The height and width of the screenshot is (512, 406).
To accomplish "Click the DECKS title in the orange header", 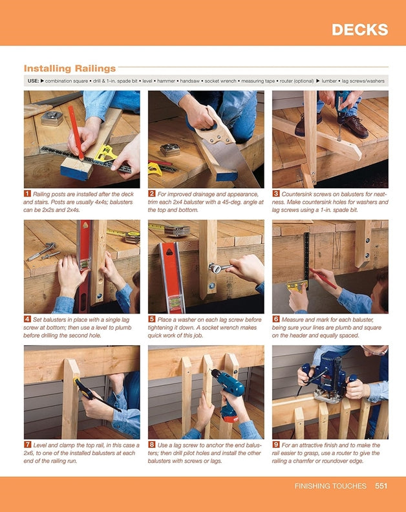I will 359,30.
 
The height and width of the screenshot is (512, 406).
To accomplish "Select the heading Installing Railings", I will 70,68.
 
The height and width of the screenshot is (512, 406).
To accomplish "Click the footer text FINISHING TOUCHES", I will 330,485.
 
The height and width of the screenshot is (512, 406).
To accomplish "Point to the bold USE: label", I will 33,81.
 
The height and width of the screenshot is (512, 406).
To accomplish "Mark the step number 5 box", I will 152,319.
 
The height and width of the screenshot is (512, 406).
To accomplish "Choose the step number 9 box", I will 276,445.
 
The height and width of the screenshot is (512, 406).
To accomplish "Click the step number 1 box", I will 28,193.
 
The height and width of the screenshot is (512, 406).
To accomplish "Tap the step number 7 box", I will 28,445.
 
